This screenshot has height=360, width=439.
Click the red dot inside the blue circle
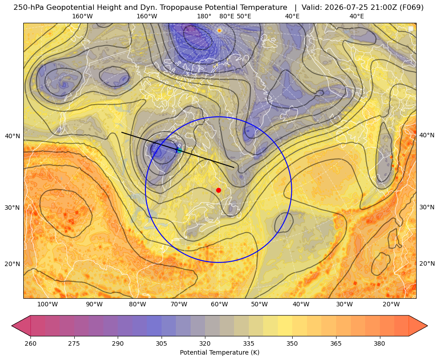(x=218, y=190)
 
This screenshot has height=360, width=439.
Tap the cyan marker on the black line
(x=179, y=150)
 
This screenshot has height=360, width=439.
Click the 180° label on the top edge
(x=204, y=16)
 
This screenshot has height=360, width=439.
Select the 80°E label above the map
(x=226, y=16)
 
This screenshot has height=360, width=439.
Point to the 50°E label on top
(x=244, y=16)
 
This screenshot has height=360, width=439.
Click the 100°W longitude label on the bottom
(x=47, y=305)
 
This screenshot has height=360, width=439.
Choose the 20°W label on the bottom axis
(x=391, y=305)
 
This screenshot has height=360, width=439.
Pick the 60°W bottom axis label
(x=219, y=305)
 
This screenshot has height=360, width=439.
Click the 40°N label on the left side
(x=13, y=136)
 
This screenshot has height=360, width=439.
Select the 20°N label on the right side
(x=427, y=263)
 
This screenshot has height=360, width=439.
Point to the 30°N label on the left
(x=13, y=208)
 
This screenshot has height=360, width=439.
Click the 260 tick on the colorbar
(x=30, y=343)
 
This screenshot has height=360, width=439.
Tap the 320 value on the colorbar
(x=205, y=343)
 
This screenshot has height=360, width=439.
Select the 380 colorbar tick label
(x=379, y=343)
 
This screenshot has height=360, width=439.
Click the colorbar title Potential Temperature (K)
(x=219, y=352)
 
